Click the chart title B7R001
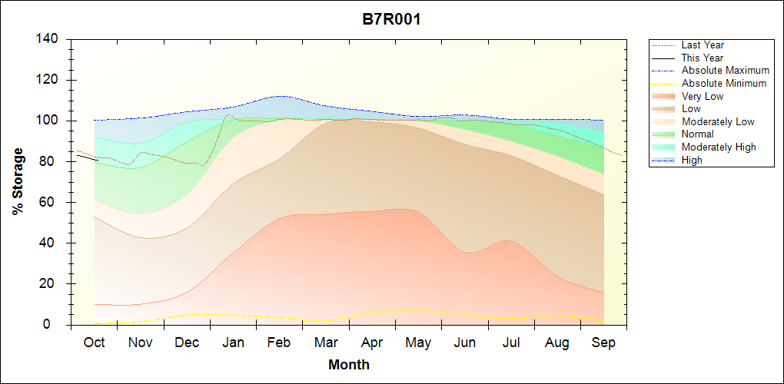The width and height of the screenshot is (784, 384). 391,19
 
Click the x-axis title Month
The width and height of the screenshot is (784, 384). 348,365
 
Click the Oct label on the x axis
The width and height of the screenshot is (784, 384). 95,343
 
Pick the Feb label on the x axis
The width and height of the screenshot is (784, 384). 279,343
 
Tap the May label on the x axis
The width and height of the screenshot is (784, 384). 418,343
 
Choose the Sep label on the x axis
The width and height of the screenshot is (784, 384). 603,343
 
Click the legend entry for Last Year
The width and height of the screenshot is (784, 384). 703,45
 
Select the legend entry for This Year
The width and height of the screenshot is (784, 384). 703,58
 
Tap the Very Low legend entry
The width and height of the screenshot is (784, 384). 703,96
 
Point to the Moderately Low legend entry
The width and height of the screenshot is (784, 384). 718,121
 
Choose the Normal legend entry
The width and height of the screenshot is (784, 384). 698,134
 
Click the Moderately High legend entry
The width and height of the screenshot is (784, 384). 719,147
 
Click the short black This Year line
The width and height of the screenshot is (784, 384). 86,158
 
